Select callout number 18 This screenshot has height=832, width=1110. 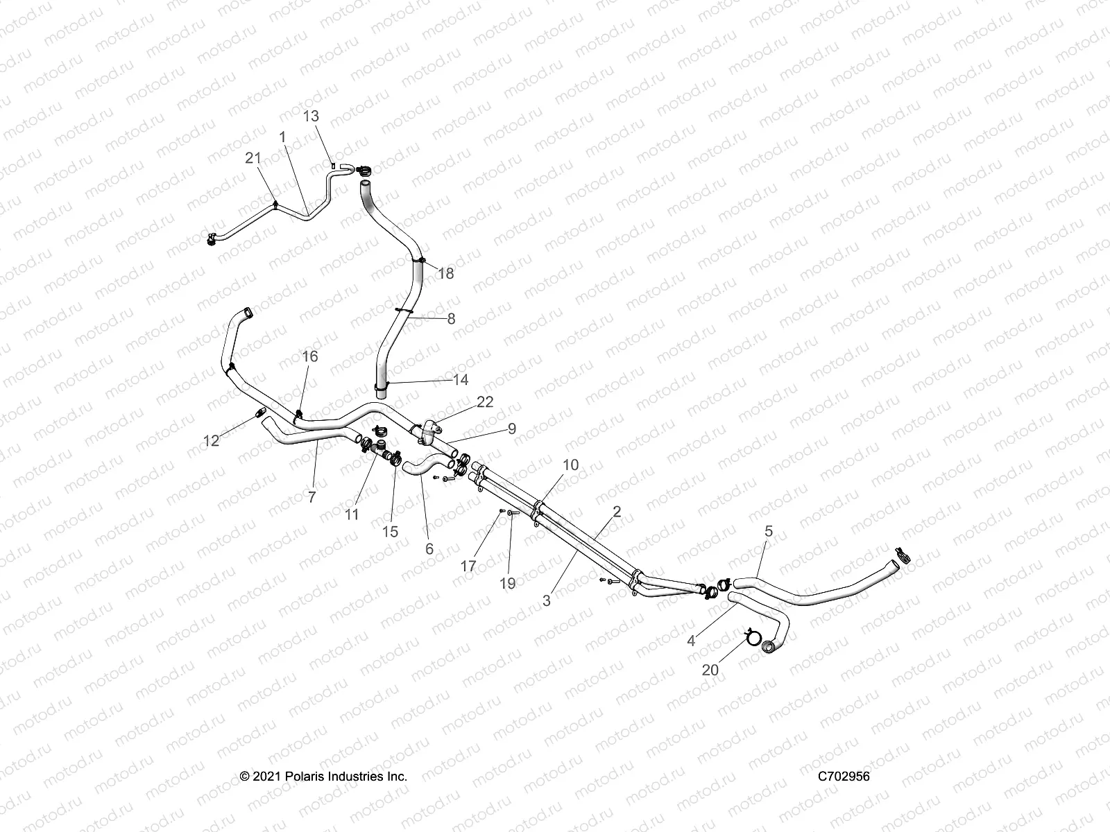446,274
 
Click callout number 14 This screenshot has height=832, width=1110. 461,379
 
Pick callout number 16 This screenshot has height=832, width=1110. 310,356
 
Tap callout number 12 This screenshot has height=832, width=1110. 211,440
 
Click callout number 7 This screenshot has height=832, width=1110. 311,496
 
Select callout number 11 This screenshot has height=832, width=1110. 352,514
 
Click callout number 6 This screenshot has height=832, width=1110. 429,548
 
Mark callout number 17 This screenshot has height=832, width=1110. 468,566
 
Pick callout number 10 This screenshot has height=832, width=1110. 570,465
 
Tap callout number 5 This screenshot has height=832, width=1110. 768,532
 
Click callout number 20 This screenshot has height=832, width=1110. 711,670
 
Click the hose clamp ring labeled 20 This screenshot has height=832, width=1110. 751,635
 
